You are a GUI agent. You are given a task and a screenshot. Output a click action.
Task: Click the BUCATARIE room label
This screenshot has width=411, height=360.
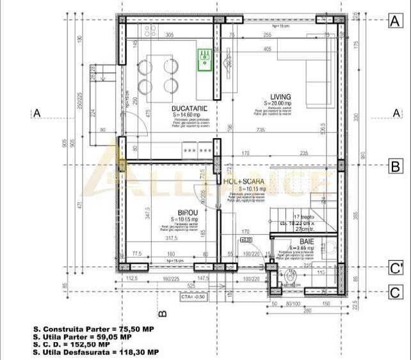[188, 109]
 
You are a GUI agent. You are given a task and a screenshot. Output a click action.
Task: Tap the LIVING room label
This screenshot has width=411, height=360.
[280, 97]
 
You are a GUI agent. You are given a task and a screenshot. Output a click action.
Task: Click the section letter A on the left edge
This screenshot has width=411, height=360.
[37, 113]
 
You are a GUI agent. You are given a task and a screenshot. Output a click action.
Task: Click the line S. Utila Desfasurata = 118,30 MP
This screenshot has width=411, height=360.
[95, 352]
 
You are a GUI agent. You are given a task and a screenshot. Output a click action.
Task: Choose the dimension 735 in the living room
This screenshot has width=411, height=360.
[261, 130]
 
